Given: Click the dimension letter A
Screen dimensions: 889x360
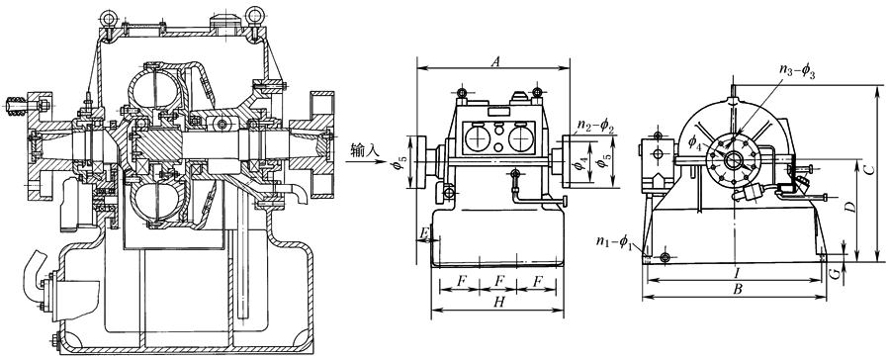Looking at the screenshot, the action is point(495,61).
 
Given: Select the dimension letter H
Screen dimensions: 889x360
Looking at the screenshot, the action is point(499,303).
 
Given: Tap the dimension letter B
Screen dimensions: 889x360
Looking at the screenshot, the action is point(737,289).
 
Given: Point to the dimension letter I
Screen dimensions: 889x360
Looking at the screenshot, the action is point(736,272).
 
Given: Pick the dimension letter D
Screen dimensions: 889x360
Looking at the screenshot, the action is point(849,208).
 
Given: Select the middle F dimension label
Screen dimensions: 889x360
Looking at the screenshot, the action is point(498,281).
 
